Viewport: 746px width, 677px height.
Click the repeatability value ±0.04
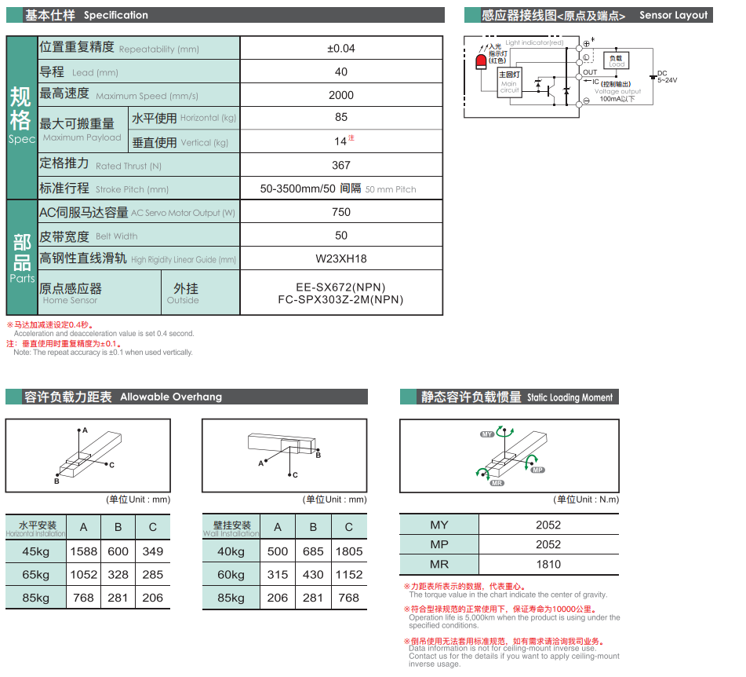(340, 49)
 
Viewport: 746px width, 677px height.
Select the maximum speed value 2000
(340, 95)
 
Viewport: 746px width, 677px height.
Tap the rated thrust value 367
(340, 165)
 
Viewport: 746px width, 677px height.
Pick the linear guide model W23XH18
(340, 258)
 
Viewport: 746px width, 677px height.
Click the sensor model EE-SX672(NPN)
(340, 287)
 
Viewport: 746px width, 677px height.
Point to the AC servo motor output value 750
(340, 212)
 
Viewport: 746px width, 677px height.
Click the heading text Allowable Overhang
(171, 397)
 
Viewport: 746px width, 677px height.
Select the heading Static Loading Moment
(570, 397)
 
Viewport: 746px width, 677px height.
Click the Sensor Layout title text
(673, 15)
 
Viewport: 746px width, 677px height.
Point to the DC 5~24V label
(666, 77)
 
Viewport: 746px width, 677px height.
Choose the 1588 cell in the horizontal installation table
(84, 551)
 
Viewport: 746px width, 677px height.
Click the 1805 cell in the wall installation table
(348, 551)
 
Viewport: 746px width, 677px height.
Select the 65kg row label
(36, 574)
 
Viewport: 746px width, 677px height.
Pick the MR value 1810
(548, 564)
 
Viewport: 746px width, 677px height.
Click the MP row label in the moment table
(439, 544)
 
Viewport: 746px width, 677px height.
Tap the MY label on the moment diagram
(487, 434)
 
